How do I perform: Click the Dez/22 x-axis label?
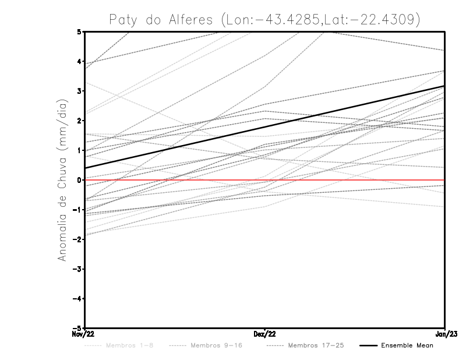[264, 334]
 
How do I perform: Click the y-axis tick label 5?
[79, 31]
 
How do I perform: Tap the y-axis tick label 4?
[79, 61]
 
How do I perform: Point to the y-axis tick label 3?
[79, 91]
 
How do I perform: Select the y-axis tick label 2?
[79, 121]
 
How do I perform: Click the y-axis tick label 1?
[79, 150]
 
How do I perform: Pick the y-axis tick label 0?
[79, 180]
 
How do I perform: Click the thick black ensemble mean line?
[264, 127]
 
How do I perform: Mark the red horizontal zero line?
[349, 180]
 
